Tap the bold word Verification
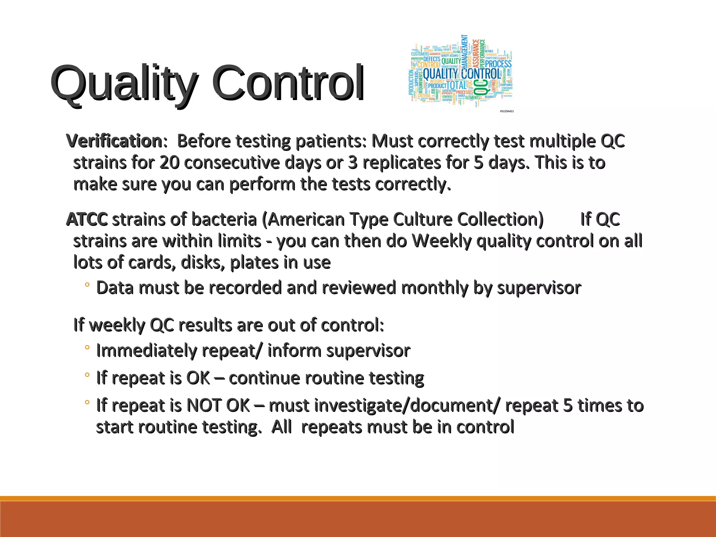tap(114, 141)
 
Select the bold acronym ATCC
tap(87, 220)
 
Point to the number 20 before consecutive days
tap(170, 163)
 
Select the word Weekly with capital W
tap(442, 241)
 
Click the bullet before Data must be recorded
tap(87, 285)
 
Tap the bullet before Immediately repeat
tap(87, 348)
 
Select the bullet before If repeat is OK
tap(87, 375)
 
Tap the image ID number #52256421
tap(507, 111)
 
